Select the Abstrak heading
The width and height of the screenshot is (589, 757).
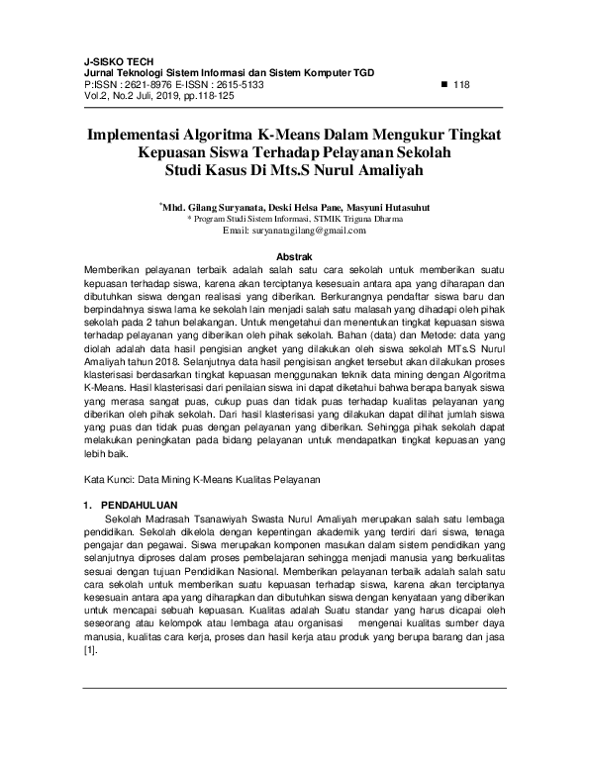click(x=294, y=255)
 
